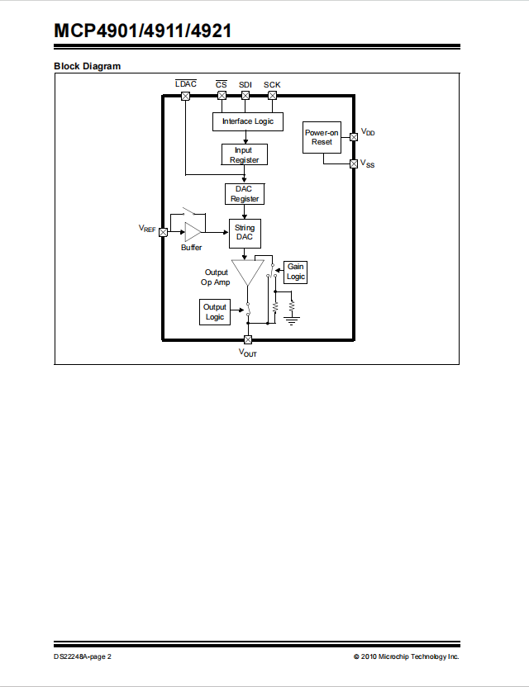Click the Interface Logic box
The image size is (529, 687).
[x=248, y=121]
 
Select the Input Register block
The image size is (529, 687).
[x=245, y=154]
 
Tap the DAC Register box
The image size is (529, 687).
[x=245, y=194]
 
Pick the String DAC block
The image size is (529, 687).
[x=245, y=234]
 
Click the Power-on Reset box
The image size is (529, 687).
[x=322, y=138]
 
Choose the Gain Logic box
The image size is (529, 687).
[x=295, y=272]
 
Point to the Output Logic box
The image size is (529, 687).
[x=215, y=312]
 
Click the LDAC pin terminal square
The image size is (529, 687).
[x=185, y=96]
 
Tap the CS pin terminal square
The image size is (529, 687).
[x=222, y=96]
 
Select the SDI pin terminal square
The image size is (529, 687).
[x=245, y=96]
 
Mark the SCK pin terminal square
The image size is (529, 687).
[x=273, y=96]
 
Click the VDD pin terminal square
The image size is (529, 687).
[x=354, y=137]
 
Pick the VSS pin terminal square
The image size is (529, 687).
[x=354, y=163]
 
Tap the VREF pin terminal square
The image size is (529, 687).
[x=163, y=232]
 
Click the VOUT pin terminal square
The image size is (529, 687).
[x=248, y=339]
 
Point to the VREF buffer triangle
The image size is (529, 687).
[x=192, y=232]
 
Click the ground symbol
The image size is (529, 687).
[x=292, y=320]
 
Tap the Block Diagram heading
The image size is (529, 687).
[x=88, y=66]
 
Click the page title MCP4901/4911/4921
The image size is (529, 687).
[x=142, y=31]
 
